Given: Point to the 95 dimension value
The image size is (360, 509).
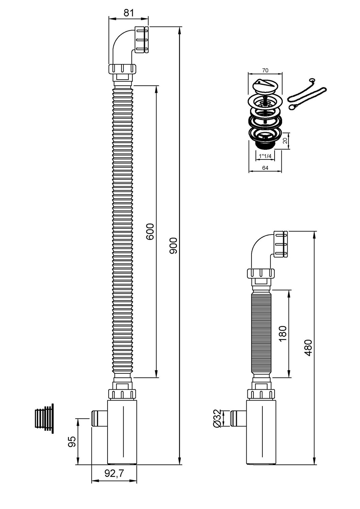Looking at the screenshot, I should click(71, 442).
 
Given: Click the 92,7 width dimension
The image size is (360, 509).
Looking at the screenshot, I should click(114, 473).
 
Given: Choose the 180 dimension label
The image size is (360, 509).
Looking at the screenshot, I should click(282, 334).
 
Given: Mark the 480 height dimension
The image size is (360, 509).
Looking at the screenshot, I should click(308, 347).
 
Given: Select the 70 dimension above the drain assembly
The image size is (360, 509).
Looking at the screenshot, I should click(265, 70).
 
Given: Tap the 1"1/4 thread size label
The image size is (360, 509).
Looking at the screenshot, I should click(265, 156).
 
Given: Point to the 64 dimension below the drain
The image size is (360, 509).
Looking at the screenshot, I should click(265, 168).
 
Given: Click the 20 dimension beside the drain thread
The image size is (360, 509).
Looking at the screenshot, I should click(285, 141).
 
